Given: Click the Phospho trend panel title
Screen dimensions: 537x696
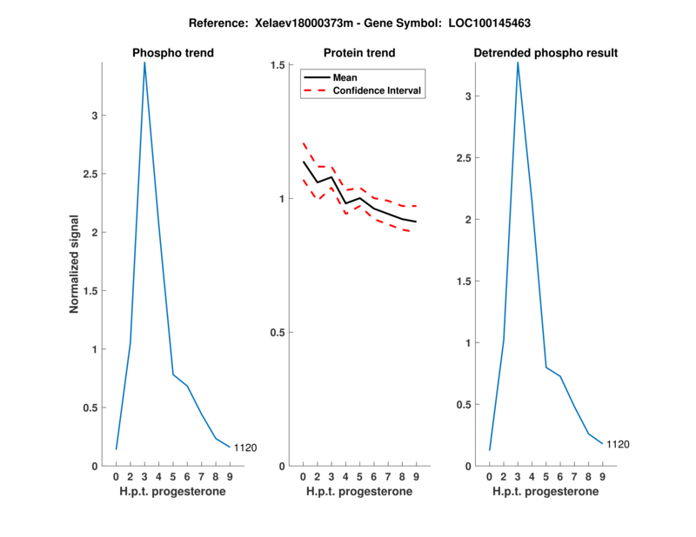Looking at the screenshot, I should pyautogui.click(x=172, y=53).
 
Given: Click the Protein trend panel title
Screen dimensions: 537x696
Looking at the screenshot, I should pyautogui.click(x=359, y=53).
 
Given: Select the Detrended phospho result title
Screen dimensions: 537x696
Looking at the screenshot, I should pyautogui.click(x=545, y=53).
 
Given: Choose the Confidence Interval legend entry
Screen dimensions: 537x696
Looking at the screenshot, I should pyautogui.click(x=378, y=90).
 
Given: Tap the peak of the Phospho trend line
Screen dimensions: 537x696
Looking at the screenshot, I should pyautogui.click(x=144, y=63).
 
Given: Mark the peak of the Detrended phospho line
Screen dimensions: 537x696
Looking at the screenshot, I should pyautogui.click(x=518, y=63).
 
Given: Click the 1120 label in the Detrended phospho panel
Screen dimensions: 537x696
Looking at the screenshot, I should pyautogui.click(x=619, y=445).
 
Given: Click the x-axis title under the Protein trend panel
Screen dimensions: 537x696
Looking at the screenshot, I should pyautogui.click(x=359, y=492).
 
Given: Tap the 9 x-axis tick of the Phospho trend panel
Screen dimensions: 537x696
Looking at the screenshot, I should pyautogui.click(x=230, y=477).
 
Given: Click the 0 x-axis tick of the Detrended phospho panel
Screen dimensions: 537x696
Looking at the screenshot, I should pyautogui.click(x=490, y=477).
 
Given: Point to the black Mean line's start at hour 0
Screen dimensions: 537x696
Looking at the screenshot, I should pyautogui.click(x=303, y=162).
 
